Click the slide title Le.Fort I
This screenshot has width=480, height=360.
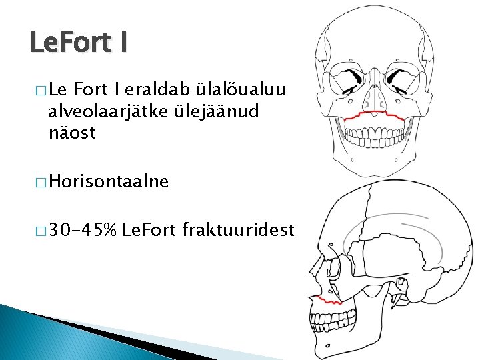click(x=79, y=43)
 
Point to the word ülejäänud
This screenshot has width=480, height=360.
click(x=213, y=111)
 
